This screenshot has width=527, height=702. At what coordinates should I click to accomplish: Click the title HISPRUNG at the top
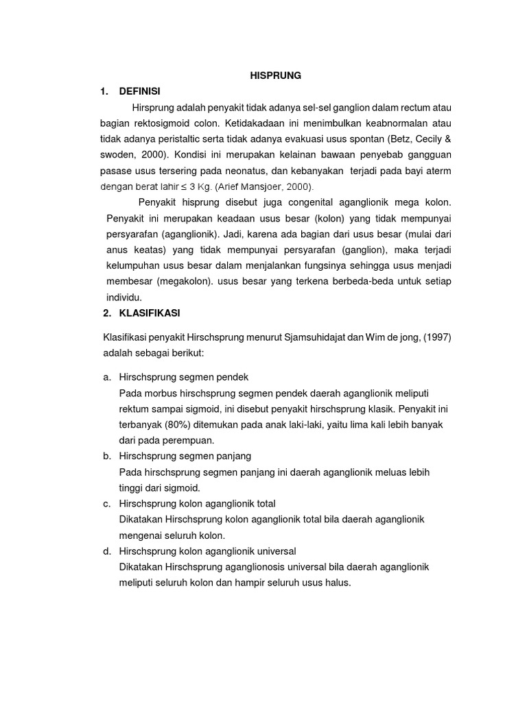[x=274, y=76]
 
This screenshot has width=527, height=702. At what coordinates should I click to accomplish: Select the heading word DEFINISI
[x=142, y=91]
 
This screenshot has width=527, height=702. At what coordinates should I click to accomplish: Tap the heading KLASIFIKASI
[x=149, y=313]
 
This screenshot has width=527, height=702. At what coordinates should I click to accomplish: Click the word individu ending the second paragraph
[x=124, y=298]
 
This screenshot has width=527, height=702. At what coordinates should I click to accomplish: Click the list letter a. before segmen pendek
[x=107, y=377]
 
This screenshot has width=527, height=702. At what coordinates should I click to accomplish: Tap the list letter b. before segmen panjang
[x=107, y=456]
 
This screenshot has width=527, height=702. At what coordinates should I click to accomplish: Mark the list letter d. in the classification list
[x=107, y=551]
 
